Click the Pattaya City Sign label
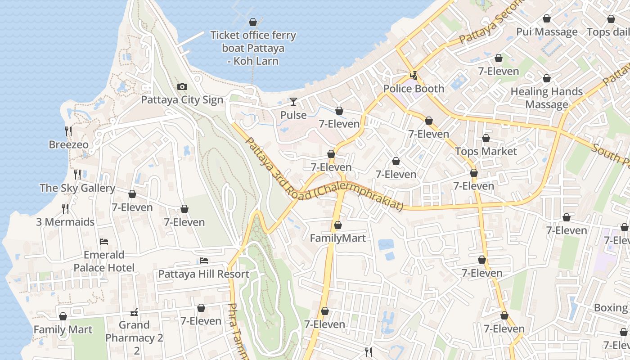(182, 99)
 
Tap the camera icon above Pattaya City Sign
(182, 86)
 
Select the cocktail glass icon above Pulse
(293, 102)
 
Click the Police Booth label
(414, 89)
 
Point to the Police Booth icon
(414, 76)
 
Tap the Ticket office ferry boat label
(253, 48)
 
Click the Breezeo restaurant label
(68, 145)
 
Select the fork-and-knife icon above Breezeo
(68, 131)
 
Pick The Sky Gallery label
(77, 188)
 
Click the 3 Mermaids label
(65, 222)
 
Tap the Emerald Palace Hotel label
(104, 261)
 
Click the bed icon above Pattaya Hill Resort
(204, 261)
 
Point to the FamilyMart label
(337, 238)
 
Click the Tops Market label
(486, 151)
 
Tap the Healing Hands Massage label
(547, 98)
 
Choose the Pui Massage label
(547, 32)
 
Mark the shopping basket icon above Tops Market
(486, 138)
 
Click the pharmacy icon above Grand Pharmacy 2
(134, 312)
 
